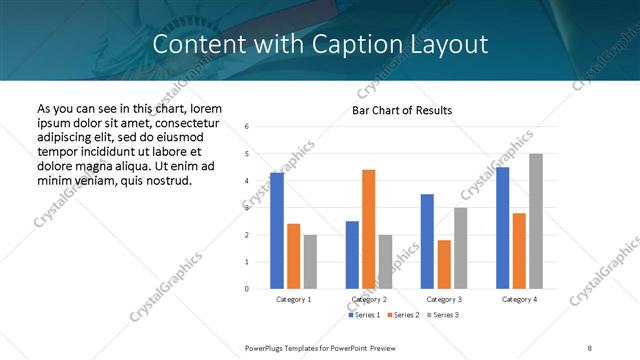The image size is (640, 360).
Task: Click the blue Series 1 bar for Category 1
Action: [x=277, y=230]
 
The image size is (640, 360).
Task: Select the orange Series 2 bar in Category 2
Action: [x=368, y=229]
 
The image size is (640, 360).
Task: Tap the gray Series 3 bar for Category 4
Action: [x=536, y=221]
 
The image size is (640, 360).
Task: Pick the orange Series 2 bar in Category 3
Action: [x=444, y=264]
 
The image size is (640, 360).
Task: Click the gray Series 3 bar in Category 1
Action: [x=310, y=261]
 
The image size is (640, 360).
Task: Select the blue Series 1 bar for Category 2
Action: [x=352, y=255]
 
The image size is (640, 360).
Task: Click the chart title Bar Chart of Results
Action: [x=402, y=110]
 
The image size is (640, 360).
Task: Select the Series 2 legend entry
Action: [x=402, y=315]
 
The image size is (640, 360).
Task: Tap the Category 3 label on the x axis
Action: [x=443, y=299]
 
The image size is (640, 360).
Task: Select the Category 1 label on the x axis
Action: [x=293, y=299]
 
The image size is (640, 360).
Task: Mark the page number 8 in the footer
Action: [x=589, y=347]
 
